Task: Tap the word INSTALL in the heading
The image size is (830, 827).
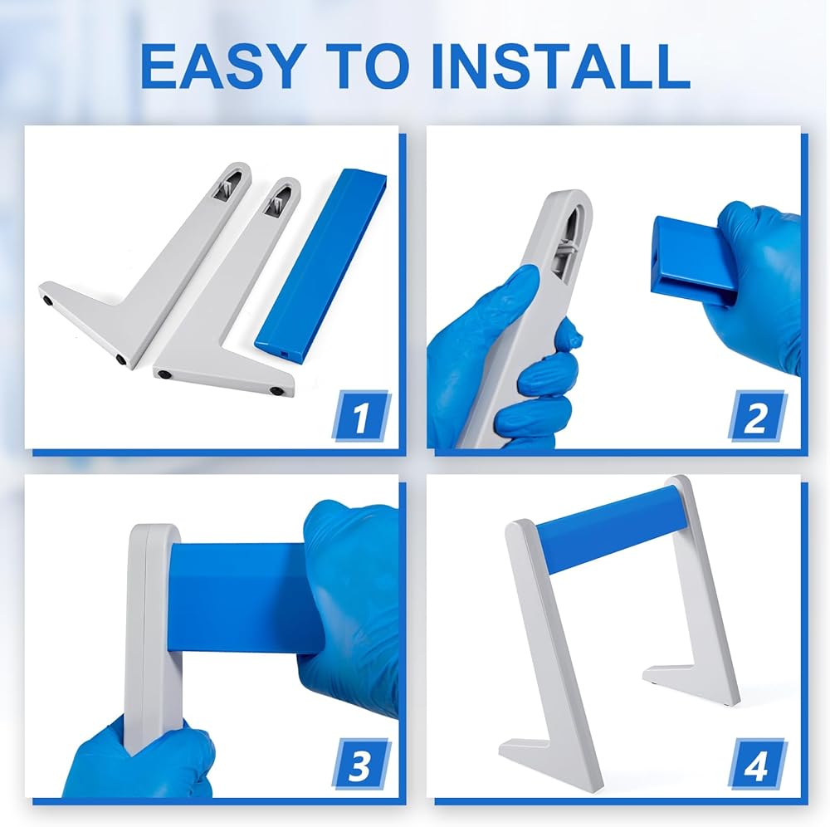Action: click(562, 66)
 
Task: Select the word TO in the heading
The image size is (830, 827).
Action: click(368, 66)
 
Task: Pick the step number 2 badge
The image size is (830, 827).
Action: click(757, 416)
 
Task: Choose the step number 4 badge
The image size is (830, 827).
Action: click(757, 764)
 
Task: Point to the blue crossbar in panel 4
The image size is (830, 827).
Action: click(612, 530)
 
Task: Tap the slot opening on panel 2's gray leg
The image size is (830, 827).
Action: click(571, 235)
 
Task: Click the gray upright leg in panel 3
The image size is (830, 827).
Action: click(151, 635)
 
